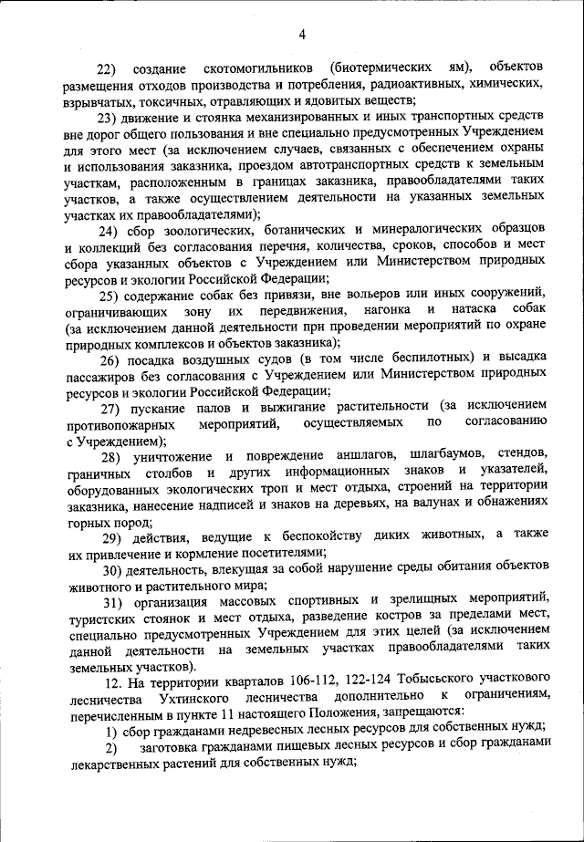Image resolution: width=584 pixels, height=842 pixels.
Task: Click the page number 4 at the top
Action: click(301, 36)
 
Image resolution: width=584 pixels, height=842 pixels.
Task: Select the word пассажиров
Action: click(104, 373)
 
